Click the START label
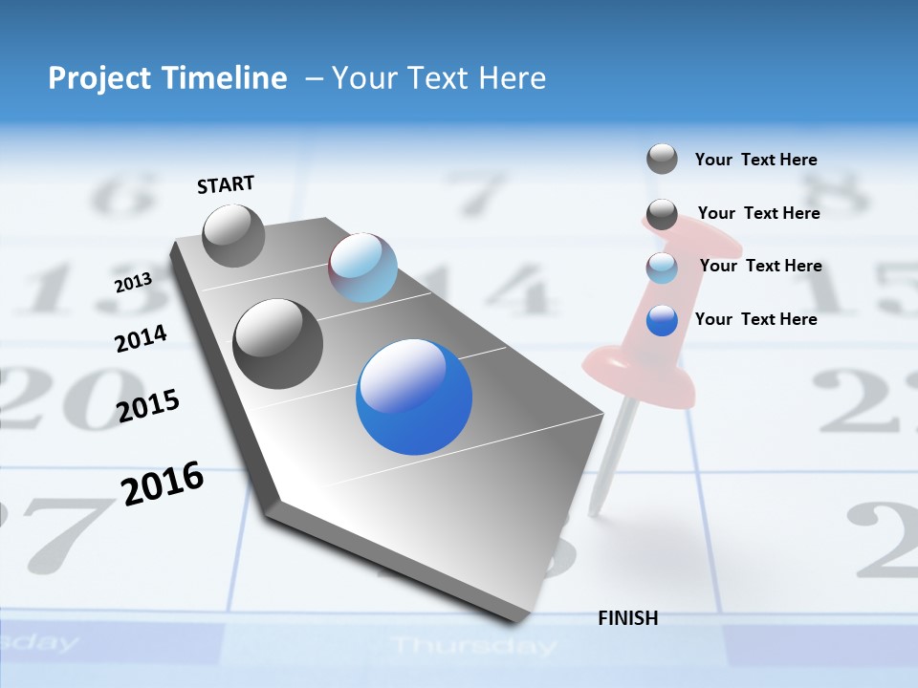[226, 184]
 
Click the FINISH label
[627, 618]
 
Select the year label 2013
[133, 283]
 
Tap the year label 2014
[141, 338]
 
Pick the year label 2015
[148, 406]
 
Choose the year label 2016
[163, 484]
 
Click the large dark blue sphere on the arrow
[414, 396]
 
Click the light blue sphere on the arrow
[362, 268]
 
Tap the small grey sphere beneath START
[233, 235]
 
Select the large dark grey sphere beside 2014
[277, 343]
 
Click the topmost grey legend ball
[662, 159]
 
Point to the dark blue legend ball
[662, 320]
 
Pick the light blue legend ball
[662, 268]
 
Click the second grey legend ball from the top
[662, 214]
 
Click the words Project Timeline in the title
[167, 78]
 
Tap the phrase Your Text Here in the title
[439, 78]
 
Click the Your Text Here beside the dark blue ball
[755, 319]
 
